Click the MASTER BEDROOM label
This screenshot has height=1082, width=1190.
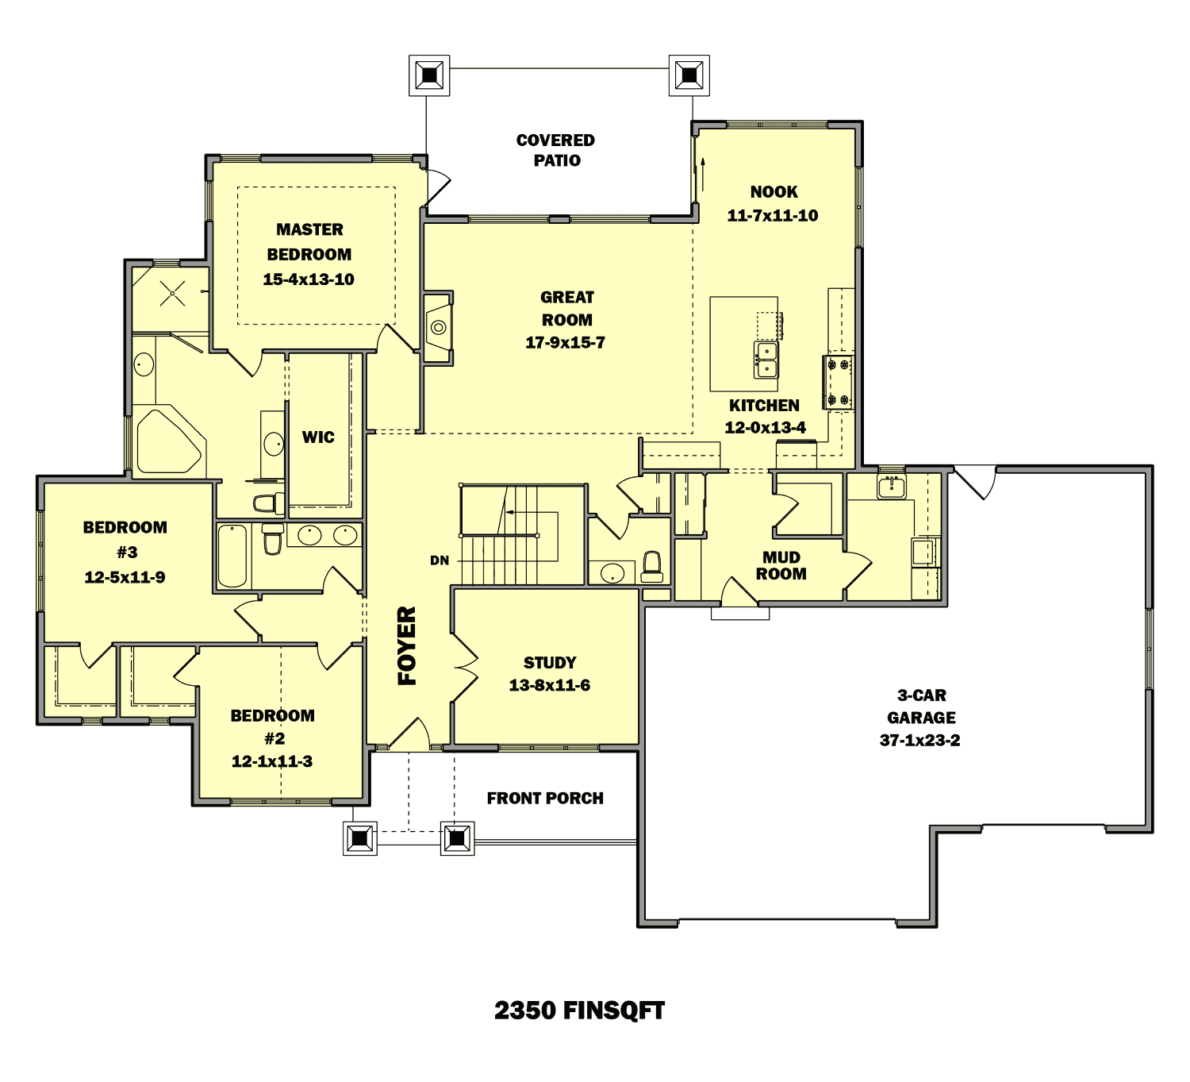click(x=309, y=241)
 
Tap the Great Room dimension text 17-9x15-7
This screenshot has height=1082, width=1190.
click(x=565, y=343)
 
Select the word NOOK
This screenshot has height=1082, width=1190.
click(x=773, y=192)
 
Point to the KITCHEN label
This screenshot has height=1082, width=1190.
click(x=764, y=406)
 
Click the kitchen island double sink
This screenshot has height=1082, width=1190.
click(x=766, y=360)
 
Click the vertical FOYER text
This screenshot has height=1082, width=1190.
click(x=406, y=645)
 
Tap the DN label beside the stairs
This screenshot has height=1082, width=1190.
click(x=440, y=560)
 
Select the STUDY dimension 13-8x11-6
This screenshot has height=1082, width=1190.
click(x=549, y=685)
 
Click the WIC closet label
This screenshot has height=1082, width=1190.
click(x=318, y=437)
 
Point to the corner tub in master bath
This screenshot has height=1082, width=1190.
click(x=169, y=441)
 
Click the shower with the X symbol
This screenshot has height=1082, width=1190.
click(x=171, y=294)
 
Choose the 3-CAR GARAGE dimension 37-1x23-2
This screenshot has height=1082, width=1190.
click(x=919, y=741)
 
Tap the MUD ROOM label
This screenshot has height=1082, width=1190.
click(x=781, y=565)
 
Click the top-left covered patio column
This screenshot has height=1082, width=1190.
click(x=429, y=75)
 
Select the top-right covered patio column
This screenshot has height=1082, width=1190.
click(x=689, y=75)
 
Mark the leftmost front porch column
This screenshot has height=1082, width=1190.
click(x=360, y=837)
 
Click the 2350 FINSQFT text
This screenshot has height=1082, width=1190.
click(x=579, y=1011)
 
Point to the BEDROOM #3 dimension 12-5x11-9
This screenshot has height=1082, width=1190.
click(x=125, y=577)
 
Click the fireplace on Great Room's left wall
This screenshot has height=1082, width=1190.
click(x=438, y=327)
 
